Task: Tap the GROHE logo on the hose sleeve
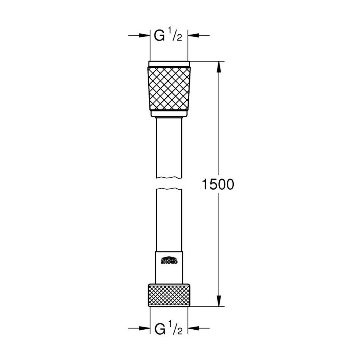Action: point(170,260)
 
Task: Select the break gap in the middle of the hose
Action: point(169,184)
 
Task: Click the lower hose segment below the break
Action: point(169,219)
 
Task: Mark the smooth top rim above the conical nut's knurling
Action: point(169,64)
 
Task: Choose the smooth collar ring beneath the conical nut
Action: point(169,113)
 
